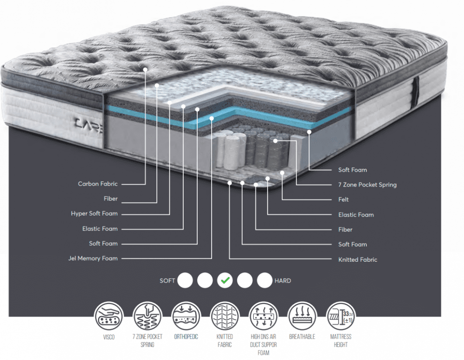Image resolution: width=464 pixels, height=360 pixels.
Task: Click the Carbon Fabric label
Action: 97,184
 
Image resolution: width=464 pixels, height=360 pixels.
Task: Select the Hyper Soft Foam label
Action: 94,213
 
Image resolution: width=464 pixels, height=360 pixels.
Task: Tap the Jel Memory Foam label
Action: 93,258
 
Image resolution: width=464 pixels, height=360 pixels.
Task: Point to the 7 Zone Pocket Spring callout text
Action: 367,185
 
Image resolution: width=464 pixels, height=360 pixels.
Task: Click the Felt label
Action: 343,199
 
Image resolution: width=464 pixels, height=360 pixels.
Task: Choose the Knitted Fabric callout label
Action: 357,259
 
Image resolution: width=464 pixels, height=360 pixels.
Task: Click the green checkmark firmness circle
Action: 225,280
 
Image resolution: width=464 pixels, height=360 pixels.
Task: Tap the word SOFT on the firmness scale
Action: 167,281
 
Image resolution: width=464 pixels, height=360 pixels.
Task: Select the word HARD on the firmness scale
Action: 283,281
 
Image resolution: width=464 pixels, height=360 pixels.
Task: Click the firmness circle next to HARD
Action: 264,280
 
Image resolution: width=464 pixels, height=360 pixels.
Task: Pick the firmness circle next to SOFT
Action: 185,280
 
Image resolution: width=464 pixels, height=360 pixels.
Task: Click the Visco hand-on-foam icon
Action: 109,316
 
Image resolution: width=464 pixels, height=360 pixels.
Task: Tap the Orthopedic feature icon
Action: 186,316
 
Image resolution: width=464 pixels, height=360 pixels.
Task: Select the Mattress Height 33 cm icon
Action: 341,316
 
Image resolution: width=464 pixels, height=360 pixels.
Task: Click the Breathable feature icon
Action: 302,316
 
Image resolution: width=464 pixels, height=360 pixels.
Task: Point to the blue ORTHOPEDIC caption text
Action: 186,337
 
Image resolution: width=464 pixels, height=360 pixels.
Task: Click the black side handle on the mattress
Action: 416,91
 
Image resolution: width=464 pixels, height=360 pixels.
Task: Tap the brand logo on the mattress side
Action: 89,124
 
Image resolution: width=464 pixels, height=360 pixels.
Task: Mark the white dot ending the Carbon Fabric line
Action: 145,70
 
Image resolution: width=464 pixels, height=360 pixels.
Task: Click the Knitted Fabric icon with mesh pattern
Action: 225,316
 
